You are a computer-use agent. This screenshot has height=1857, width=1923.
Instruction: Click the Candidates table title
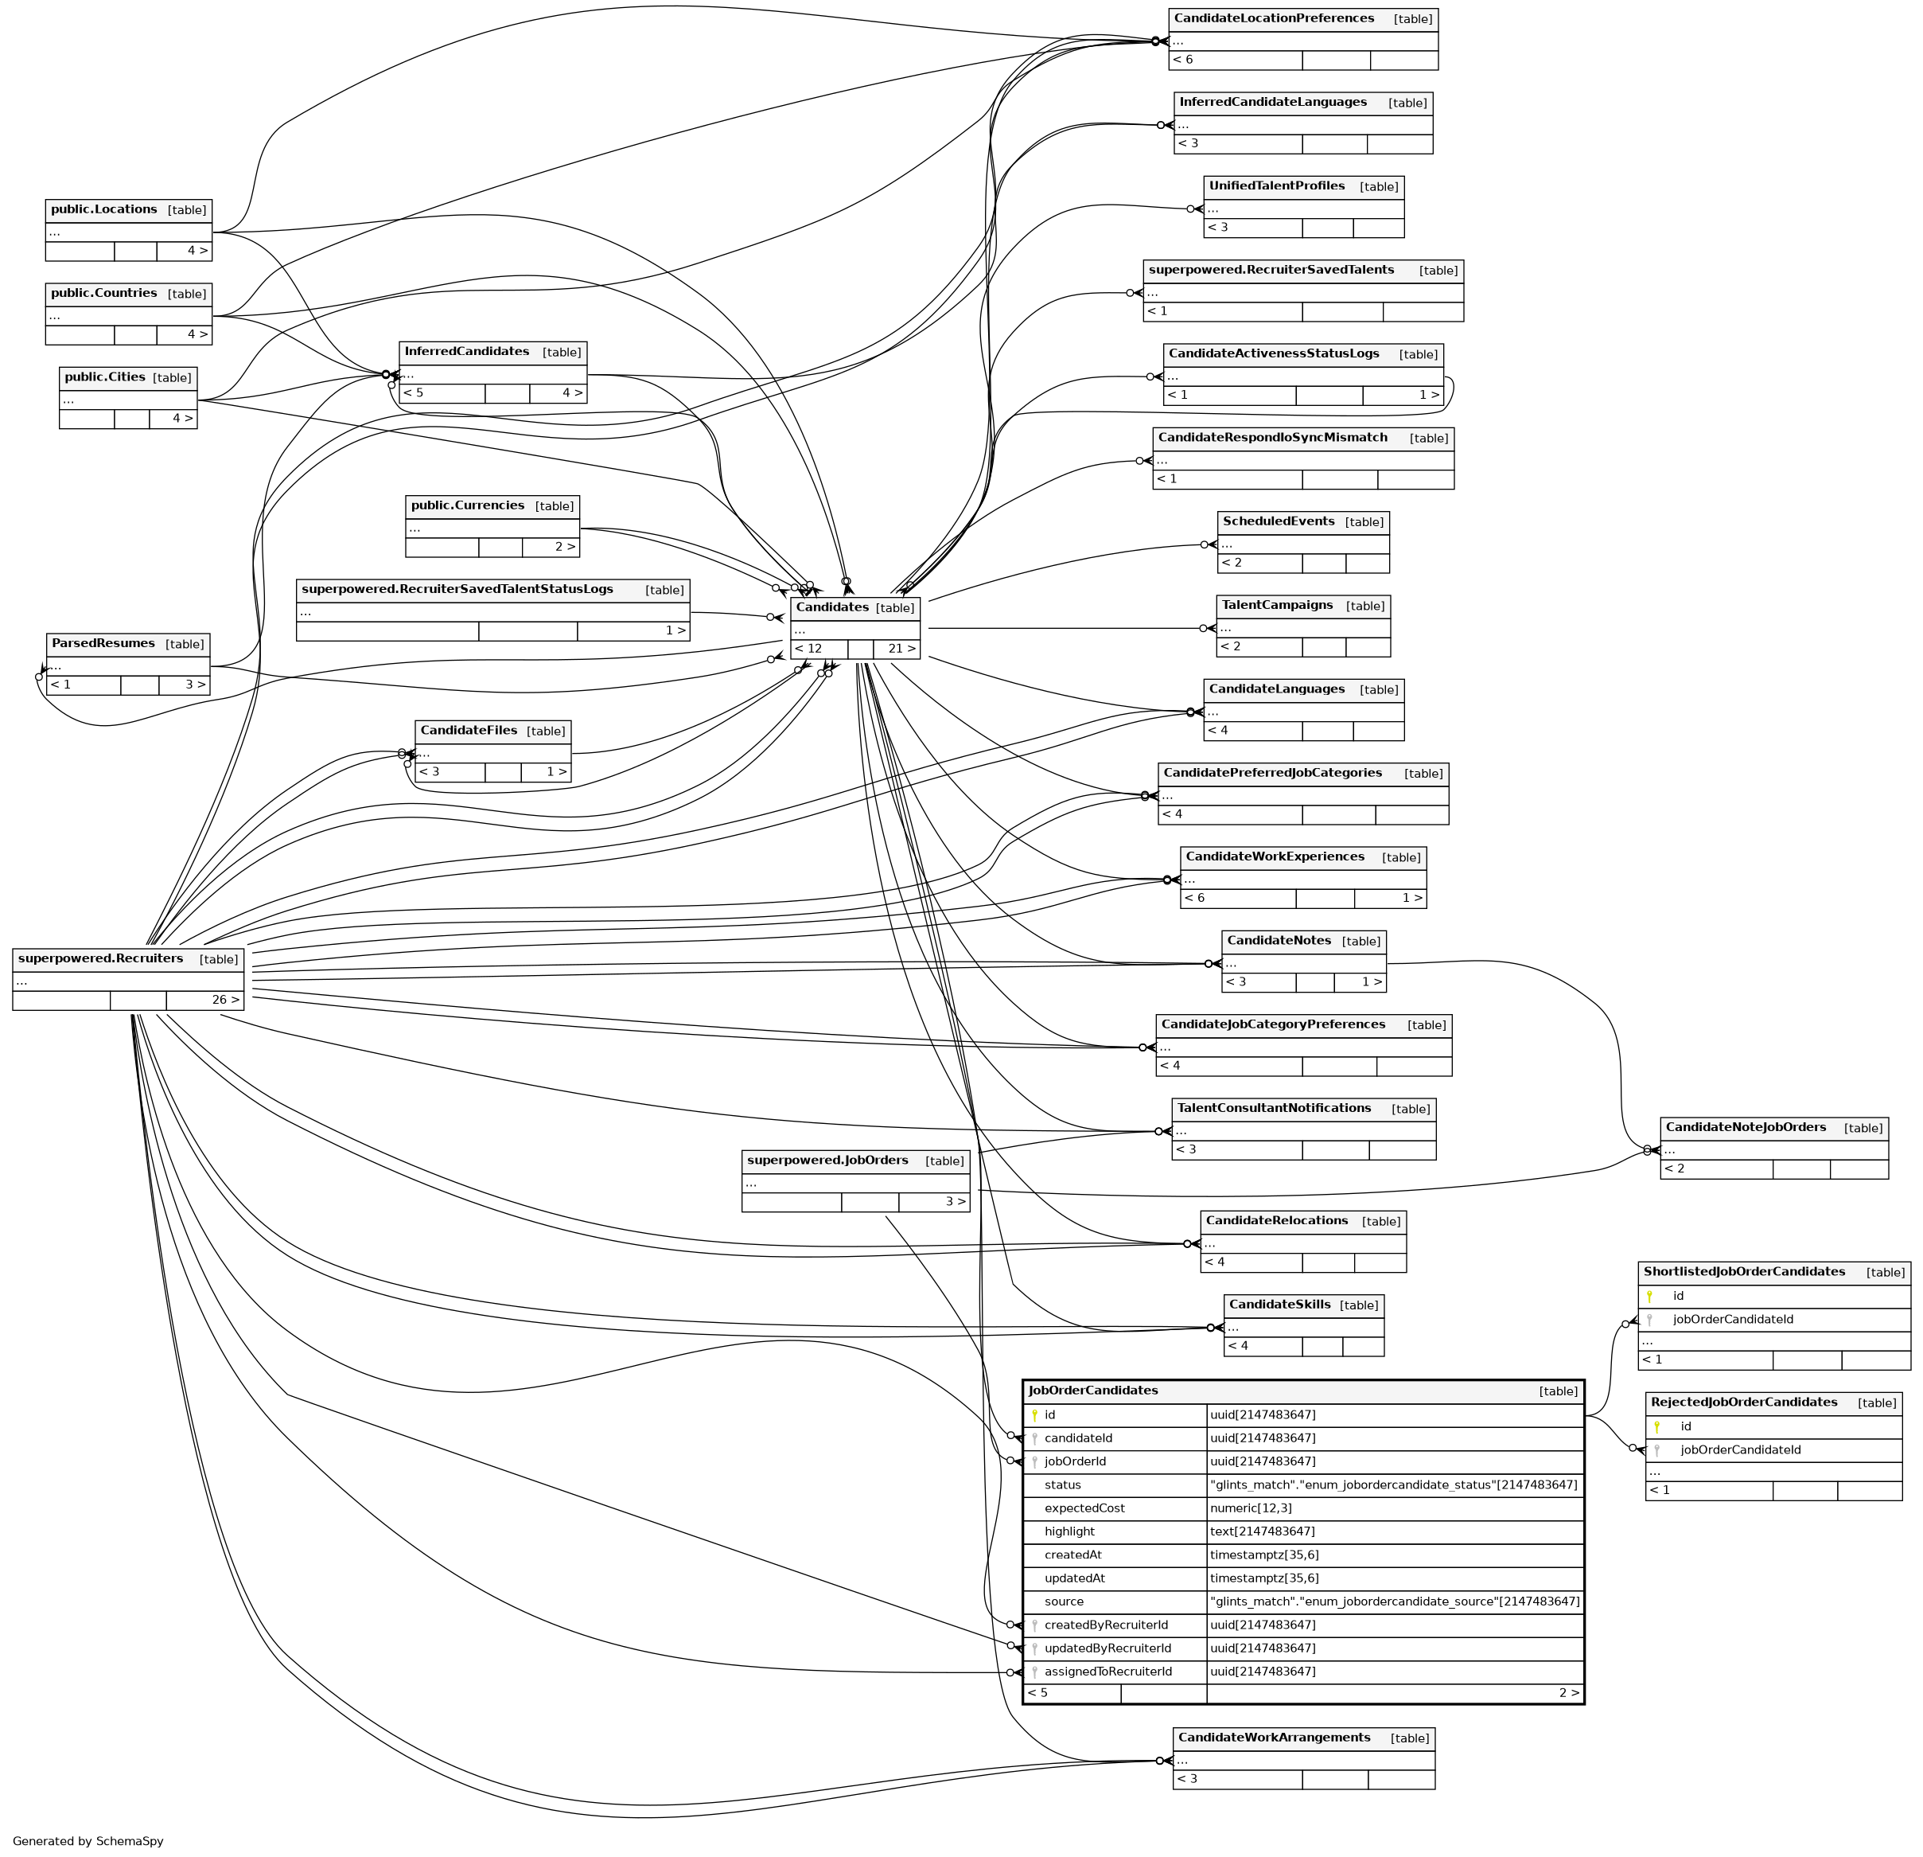[832, 607]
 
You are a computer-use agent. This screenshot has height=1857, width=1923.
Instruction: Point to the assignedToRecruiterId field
[1107, 1672]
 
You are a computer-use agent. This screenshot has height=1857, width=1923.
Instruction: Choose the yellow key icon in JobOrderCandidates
[1034, 1415]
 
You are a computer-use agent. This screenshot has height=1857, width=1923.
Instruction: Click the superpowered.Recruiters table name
[100, 959]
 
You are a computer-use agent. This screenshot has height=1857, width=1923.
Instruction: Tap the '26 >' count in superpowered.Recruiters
[224, 1001]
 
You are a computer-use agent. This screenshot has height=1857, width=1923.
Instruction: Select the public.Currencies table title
[467, 505]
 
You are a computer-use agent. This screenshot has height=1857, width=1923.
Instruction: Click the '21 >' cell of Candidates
[901, 649]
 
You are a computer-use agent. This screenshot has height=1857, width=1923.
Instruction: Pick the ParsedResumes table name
[103, 644]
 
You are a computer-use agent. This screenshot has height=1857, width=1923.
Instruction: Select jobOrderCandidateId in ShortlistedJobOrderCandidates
[1733, 1319]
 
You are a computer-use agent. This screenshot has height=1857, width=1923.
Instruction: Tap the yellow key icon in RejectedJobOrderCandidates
[1657, 1427]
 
